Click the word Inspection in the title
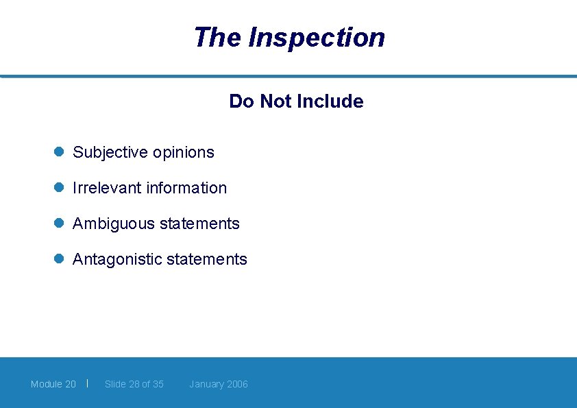point(317,38)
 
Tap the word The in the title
point(217,37)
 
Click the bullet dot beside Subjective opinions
point(59,152)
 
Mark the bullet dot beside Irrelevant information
point(59,188)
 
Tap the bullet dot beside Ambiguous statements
point(59,224)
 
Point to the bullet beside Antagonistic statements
point(59,259)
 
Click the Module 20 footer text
point(53,384)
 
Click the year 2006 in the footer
point(237,384)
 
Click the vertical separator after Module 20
point(88,383)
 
